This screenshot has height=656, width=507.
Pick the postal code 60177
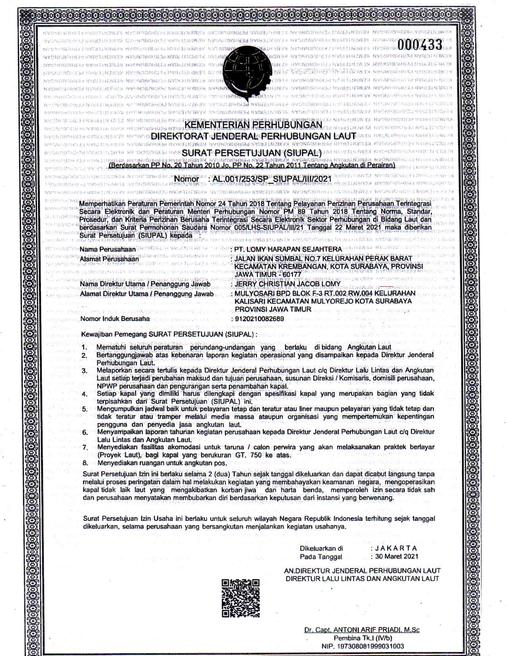(291, 274)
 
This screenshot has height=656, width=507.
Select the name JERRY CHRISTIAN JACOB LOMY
(287, 284)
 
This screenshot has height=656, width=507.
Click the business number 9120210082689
(259, 318)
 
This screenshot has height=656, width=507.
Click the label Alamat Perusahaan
(109, 259)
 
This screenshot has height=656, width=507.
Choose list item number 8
(85, 463)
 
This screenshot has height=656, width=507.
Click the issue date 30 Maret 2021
(396, 557)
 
